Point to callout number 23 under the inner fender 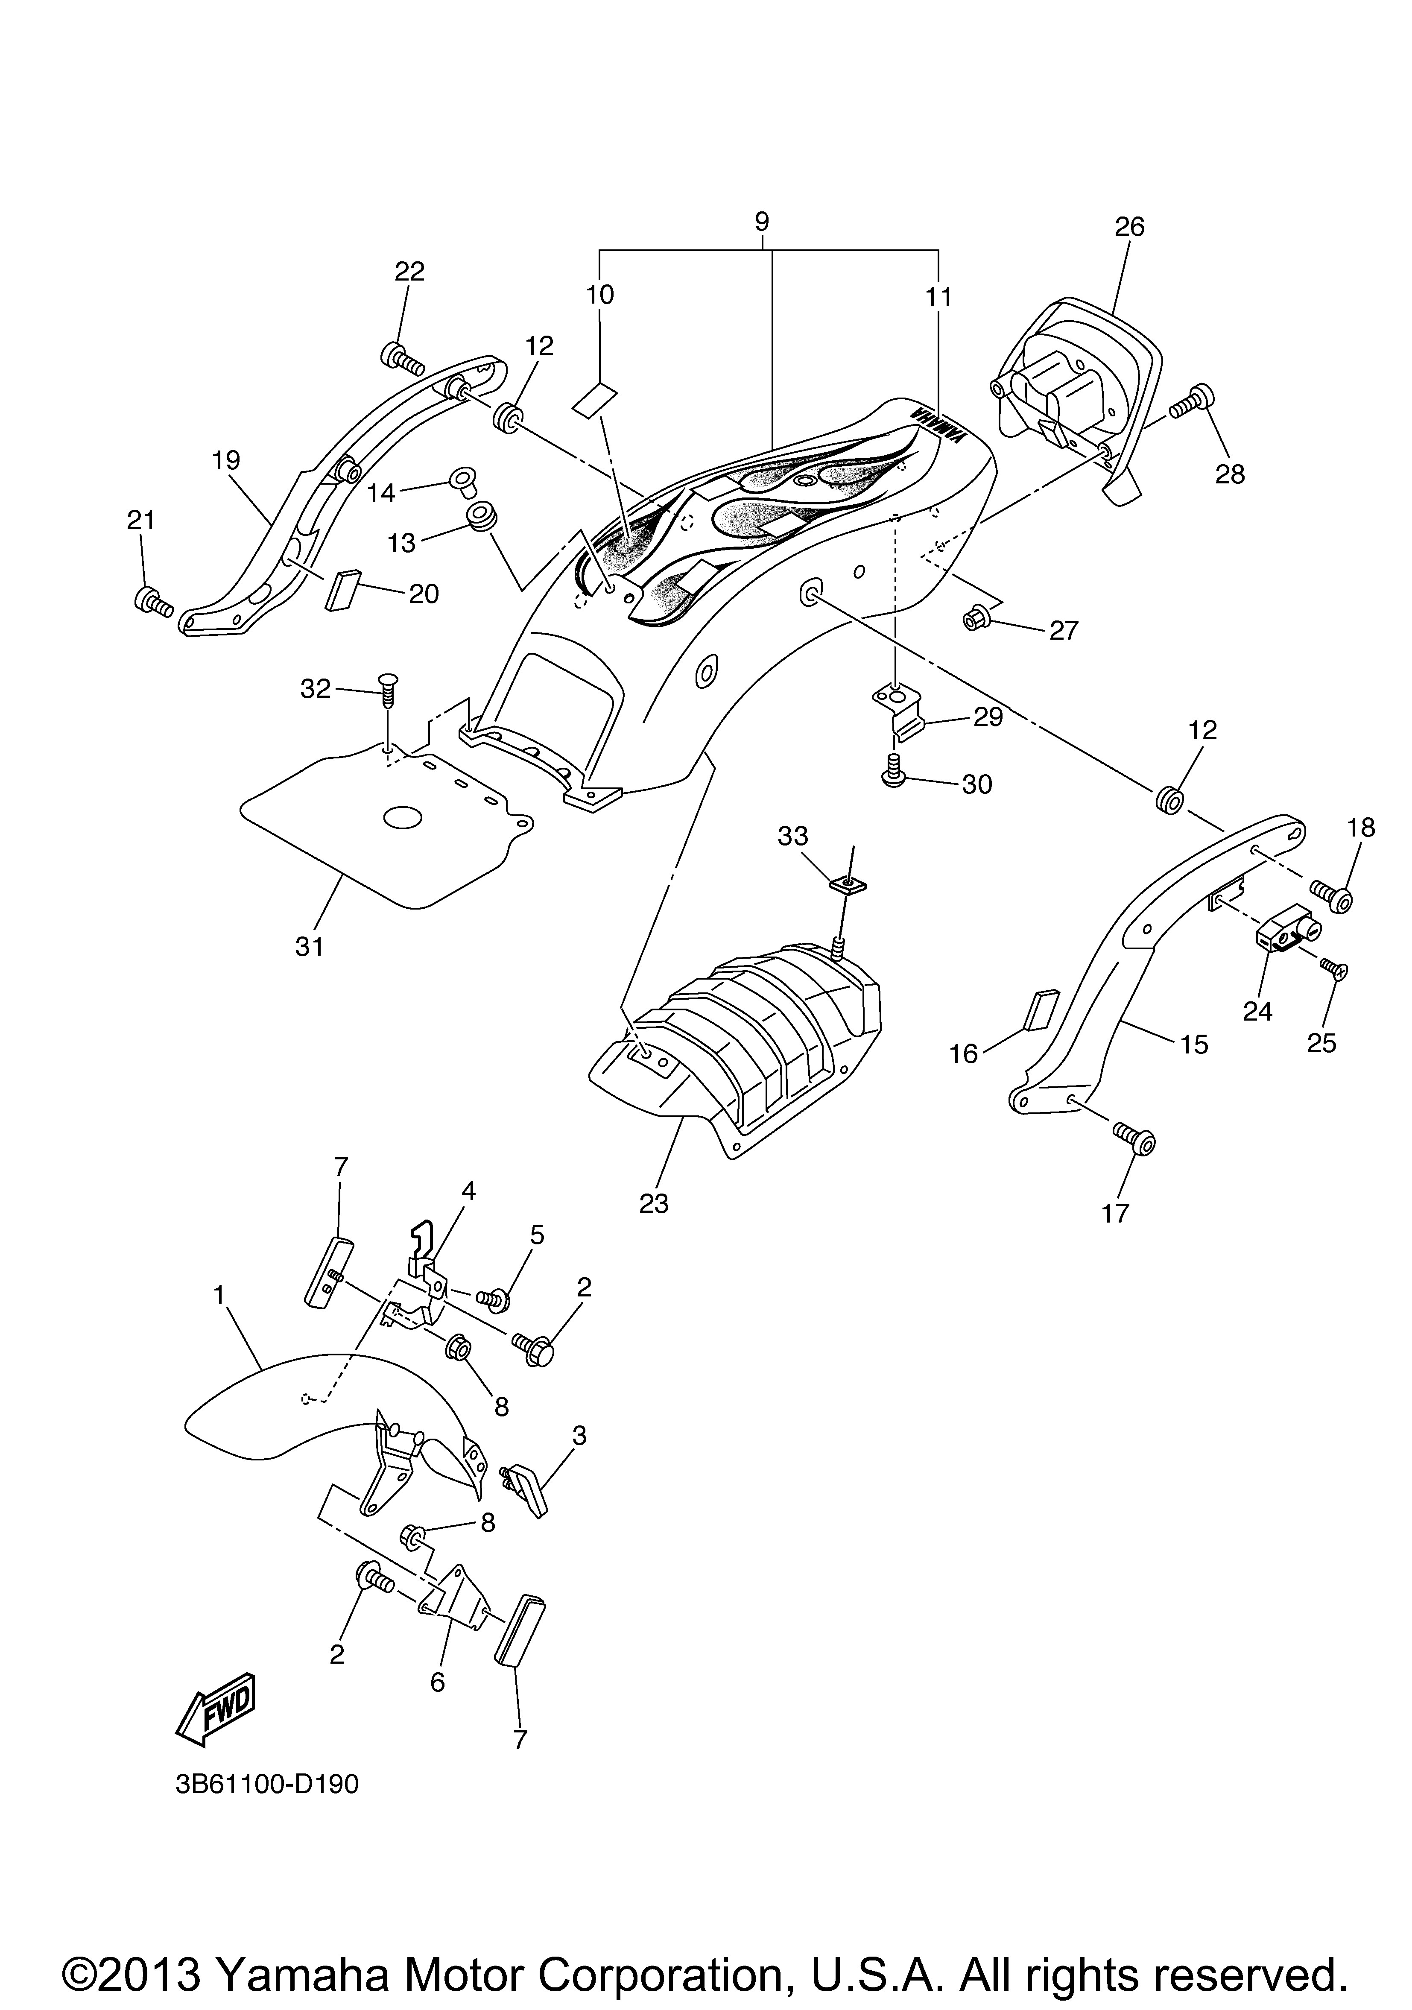tap(654, 1204)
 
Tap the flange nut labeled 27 tap(973, 620)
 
